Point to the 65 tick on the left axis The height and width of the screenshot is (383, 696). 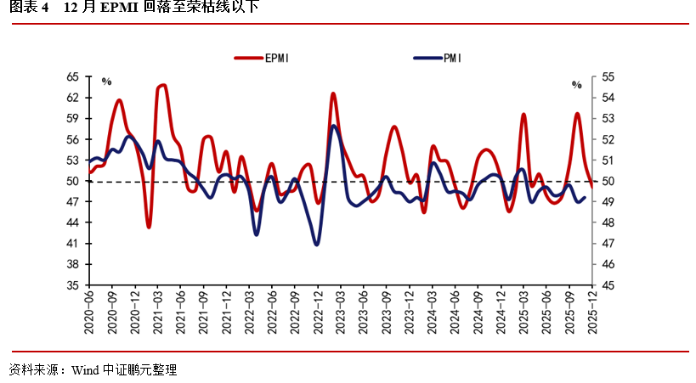(72, 76)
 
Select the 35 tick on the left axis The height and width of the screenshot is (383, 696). (72, 285)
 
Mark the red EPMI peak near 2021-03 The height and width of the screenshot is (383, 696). (162, 85)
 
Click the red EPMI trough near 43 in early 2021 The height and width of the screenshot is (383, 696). (149, 227)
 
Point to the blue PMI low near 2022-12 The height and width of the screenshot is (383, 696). (317, 245)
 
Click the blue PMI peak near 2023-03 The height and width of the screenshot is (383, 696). (334, 126)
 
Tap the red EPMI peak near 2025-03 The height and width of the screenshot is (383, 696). (523, 114)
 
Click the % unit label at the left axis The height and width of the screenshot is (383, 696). (107, 82)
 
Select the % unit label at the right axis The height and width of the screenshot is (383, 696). (576, 85)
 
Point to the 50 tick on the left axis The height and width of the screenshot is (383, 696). (72, 181)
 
